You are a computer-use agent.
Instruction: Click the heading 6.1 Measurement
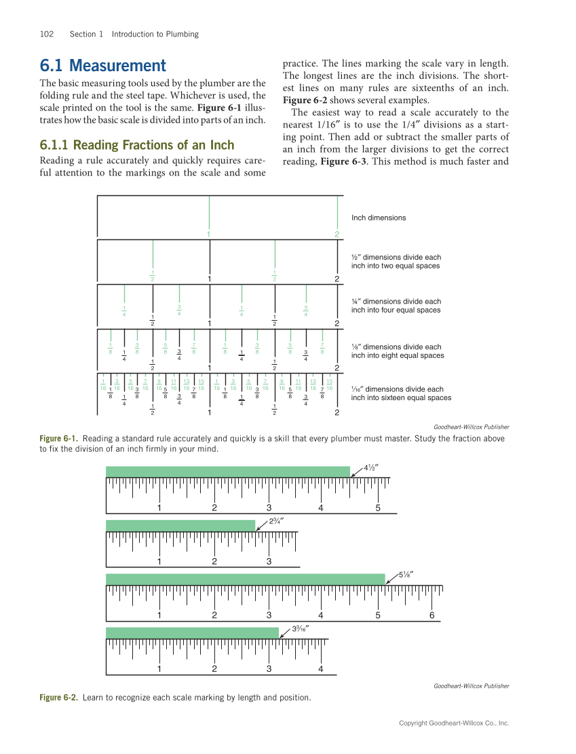tap(102, 66)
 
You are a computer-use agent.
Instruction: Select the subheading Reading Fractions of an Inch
tap(137, 145)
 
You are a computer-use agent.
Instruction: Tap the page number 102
tap(47, 34)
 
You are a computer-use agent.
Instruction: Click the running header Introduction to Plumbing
tap(155, 34)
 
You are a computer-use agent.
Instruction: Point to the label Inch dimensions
tap(379, 218)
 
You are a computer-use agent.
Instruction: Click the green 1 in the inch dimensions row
tap(209, 234)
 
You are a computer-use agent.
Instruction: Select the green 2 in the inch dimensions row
tap(337, 234)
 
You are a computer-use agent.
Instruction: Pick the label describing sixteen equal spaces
tap(400, 393)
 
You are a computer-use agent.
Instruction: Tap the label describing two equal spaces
tap(396, 262)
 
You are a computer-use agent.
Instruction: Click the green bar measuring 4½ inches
tap(227, 471)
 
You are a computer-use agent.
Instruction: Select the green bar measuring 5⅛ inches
tap(245, 579)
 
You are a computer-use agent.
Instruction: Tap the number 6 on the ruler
tap(431, 616)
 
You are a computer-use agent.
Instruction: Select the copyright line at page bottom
tap(453, 723)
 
